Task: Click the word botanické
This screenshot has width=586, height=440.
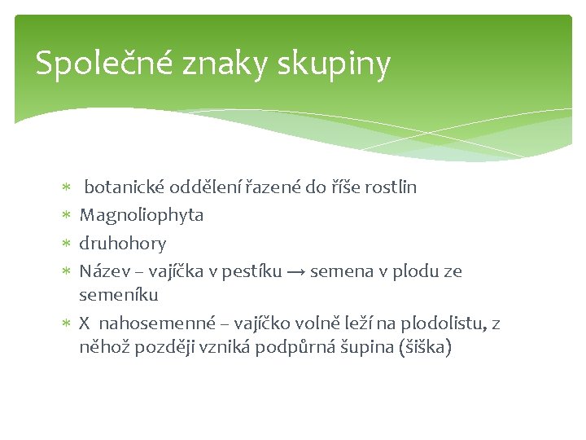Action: (x=125, y=187)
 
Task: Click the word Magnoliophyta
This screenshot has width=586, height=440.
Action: (x=141, y=215)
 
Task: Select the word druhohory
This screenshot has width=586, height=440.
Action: (x=122, y=243)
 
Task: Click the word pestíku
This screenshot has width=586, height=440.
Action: (x=251, y=271)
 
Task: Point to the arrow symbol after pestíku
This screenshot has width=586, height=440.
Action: (x=296, y=271)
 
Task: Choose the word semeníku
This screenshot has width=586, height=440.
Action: (x=119, y=293)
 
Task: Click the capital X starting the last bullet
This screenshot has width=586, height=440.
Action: (x=85, y=323)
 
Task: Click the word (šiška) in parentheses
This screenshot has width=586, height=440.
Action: (x=421, y=347)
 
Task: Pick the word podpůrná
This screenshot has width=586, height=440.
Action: (x=290, y=347)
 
